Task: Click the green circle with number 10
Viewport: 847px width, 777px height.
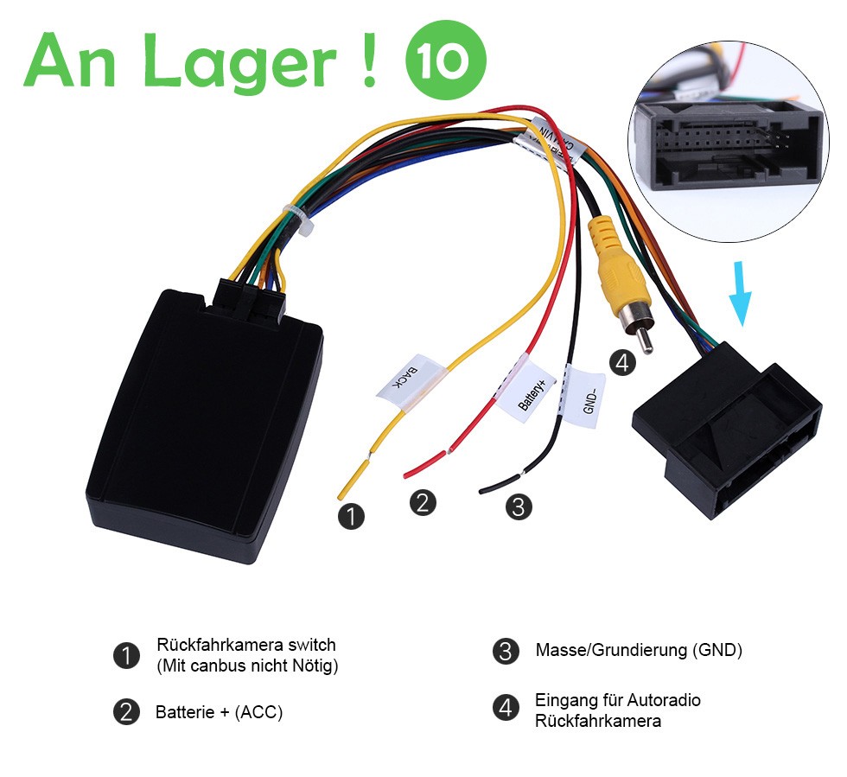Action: (x=446, y=61)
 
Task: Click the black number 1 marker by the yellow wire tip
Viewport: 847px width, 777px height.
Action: (x=351, y=517)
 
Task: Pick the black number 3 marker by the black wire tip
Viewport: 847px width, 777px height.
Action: (x=518, y=506)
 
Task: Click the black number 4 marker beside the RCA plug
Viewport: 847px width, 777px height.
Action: (x=622, y=362)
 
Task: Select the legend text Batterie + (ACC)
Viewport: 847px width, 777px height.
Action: (x=219, y=713)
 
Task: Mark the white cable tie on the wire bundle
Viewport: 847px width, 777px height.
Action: (x=299, y=220)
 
